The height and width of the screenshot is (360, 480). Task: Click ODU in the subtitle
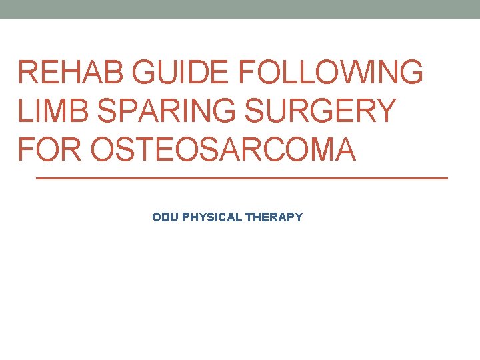(164, 217)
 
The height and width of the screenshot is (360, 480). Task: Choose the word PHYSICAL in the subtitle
(211, 217)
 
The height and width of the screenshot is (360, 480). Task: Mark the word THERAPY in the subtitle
(274, 217)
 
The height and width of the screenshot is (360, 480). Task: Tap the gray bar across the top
(240, 9)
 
